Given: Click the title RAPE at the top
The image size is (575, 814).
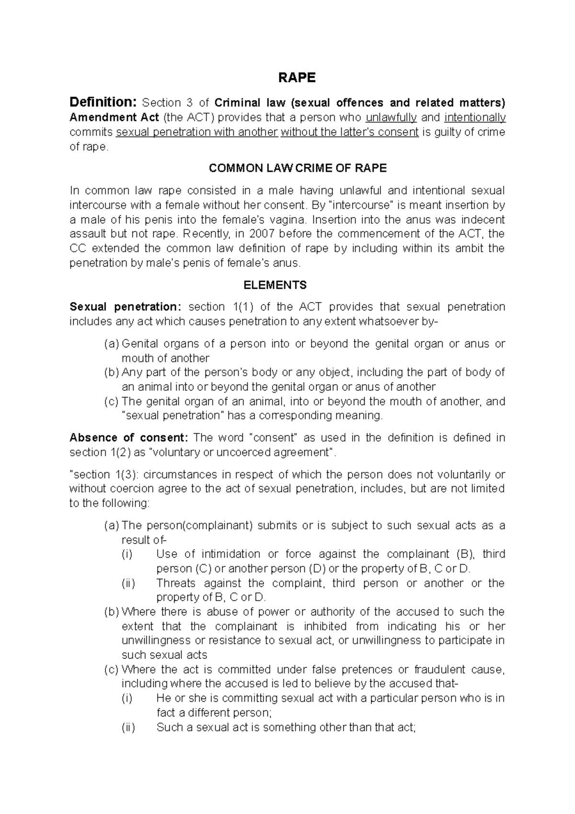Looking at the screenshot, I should (297, 78).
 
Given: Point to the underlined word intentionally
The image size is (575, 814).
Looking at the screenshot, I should (475, 117).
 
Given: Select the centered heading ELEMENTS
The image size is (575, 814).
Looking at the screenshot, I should (275, 285).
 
